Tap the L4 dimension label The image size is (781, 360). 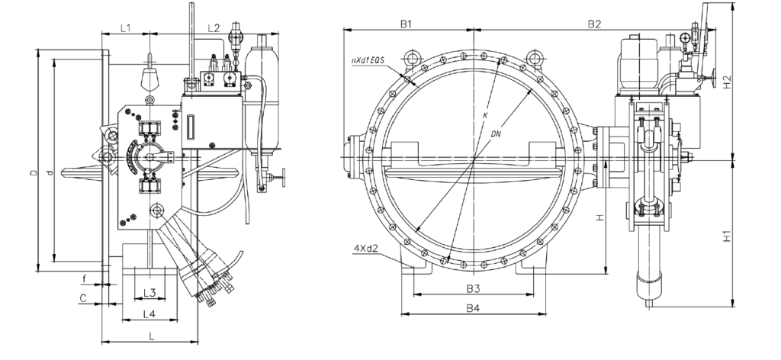(149, 313)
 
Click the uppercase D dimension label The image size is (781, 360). (34, 174)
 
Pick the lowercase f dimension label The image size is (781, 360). (84, 278)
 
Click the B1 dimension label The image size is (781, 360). (407, 24)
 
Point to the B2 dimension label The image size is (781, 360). (594, 24)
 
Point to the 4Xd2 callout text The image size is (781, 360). (367, 248)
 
